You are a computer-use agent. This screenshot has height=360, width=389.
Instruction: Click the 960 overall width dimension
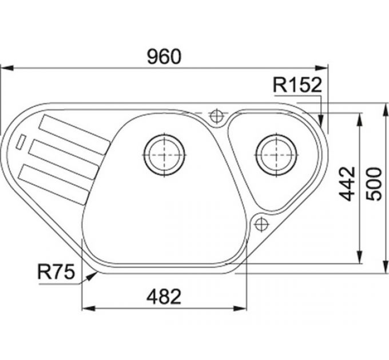point(164,57)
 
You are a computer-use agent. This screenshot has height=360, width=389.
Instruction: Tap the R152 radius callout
point(298,85)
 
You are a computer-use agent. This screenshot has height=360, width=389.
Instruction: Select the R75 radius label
point(57,273)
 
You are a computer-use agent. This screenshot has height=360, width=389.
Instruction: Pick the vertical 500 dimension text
point(373,184)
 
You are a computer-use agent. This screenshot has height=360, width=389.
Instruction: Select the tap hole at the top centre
point(216,116)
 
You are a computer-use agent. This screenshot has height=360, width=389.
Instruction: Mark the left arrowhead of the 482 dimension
point(86,309)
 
